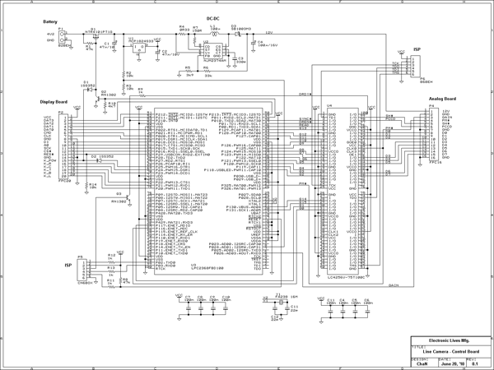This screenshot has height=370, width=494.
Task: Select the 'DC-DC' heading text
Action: pyautogui.click(x=212, y=17)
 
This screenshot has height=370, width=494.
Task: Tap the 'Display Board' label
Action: pyautogui.click(x=54, y=102)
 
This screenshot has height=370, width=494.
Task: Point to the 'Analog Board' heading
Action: pyautogui.click(x=441, y=98)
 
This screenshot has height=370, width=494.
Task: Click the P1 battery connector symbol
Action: pyautogui.click(x=63, y=36)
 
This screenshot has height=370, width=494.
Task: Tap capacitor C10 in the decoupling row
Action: pyautogui.click(x=226, y=301)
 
